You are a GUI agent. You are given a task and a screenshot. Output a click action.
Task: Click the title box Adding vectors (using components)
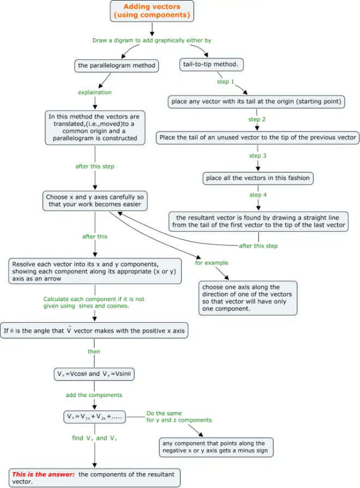tap(152, 11)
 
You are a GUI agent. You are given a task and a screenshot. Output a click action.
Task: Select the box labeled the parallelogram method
tap(117, 65)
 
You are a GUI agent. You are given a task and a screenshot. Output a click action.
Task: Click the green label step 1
tap(226, 82)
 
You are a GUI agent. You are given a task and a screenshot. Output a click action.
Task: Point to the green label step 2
tap(257, 119)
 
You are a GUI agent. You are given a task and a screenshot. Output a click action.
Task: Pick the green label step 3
tap(257, 155)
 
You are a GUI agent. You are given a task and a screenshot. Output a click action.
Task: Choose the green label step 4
tap(257, 195)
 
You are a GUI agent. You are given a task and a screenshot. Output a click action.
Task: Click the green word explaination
tap(95, 92)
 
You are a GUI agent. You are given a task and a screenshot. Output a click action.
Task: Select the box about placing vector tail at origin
tap(256, 101)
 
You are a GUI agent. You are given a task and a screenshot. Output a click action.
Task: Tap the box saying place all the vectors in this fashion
tap(257, 178)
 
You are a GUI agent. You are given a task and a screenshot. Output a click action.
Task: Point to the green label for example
tap(212, 263)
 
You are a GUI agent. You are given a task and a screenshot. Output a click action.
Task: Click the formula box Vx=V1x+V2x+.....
tap(94, 417)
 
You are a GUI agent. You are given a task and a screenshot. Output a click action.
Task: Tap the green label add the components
tap(94, 395)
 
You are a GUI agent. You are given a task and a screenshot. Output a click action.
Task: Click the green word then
tap(94, 352)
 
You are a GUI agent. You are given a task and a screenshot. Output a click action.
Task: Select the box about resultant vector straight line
tap(258, 221)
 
